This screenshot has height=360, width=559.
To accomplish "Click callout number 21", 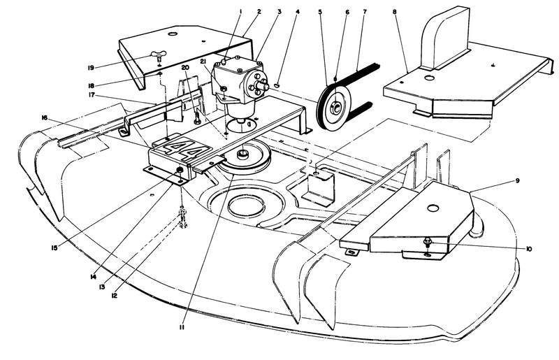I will (203, 63).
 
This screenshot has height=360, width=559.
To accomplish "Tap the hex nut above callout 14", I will (180, 171).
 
